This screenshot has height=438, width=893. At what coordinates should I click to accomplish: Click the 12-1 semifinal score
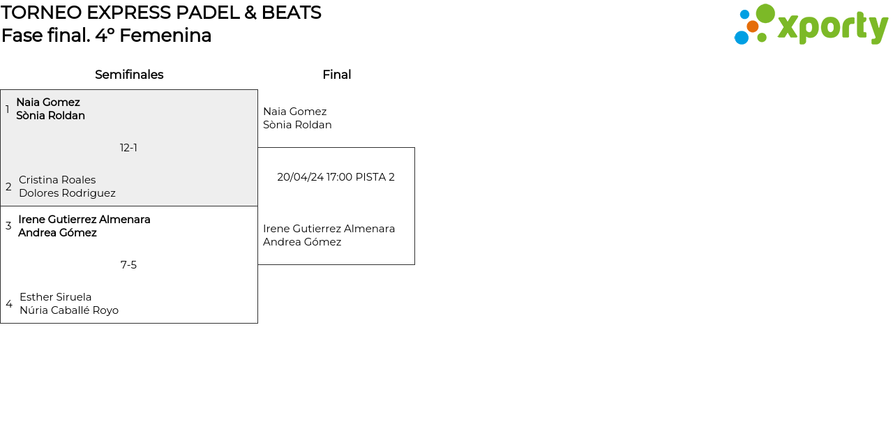click(x=128, y=148)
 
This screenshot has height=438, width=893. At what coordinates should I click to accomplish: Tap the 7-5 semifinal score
click(x=128, y=265)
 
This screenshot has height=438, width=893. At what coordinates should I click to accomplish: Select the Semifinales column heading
click(x=129, y=75)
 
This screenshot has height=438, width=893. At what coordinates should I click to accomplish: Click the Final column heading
click(x=337, y=75)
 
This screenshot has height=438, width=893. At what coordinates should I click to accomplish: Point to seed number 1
click(x=7, y=109)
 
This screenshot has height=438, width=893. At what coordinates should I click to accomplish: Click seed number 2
click(x=8, y=186)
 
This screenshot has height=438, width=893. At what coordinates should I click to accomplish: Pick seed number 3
click(x=8, y=225)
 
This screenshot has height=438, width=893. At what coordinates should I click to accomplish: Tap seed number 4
click(x=9, y=303)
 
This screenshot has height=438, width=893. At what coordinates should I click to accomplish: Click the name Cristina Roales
click(x=57, y=180)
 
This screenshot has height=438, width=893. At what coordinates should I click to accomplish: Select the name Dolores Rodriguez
click(x=68, y=193)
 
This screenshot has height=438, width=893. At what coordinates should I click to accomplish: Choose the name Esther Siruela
click(x=56, y=297)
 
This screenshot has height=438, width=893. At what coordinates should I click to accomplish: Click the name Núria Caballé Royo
click(x=69, y=310)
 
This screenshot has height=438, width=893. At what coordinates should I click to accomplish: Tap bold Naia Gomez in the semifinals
click(x=48, y=102)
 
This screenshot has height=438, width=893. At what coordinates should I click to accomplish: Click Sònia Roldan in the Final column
click(x=297, y=125)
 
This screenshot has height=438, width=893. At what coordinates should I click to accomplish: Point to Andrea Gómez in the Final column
click(x=302, y=242)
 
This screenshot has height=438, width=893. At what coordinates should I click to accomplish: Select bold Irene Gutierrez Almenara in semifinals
click(x=84, y=219)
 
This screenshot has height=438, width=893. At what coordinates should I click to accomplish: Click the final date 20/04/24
click(x=300, y=177)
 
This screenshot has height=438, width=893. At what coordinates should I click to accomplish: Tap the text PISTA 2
click(x=375, y=177)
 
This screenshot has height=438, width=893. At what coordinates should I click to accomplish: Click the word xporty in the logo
click(x=833, y=27)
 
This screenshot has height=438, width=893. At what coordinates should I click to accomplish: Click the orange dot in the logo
click(x=752, y=27)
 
